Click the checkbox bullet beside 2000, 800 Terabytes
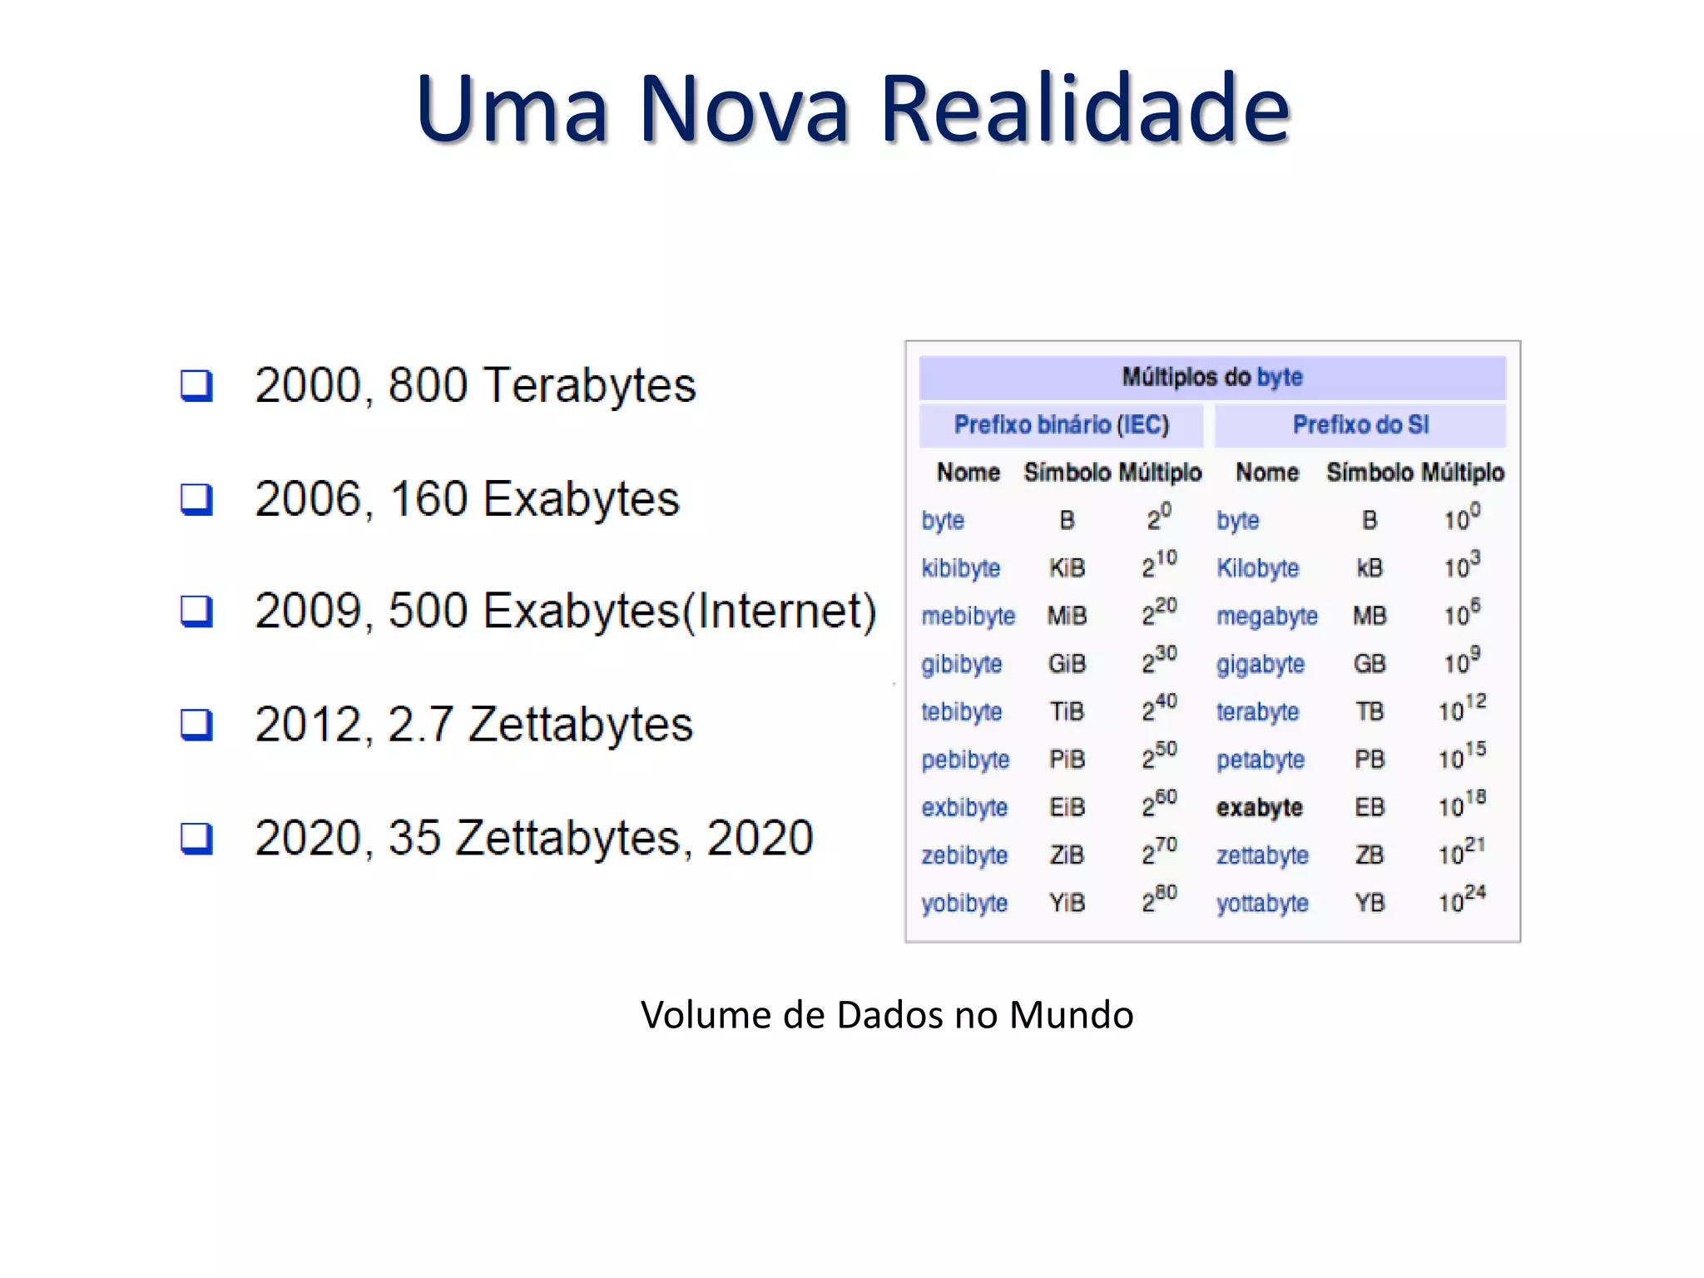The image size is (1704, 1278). [x=196, y=385]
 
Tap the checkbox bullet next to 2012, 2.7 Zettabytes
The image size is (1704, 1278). [x=196, y=725]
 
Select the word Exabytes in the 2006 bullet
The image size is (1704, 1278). [x=582, y=499]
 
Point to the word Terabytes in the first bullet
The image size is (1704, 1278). [x=589, y=385]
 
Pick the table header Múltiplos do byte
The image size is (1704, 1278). [x=1211, y=377]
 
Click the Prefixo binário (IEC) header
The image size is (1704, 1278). [x=1061, y=425]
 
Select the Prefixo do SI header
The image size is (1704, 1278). [x=1360, y=425]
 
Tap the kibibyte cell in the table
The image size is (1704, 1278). [x=960, y=568]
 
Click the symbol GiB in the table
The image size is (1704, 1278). [x=1067, y=664]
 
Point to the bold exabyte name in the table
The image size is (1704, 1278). [x=1259, y=808]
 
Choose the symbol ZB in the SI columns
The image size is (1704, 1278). [x=1370, y=855]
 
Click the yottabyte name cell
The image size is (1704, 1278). [x=1262, y=904]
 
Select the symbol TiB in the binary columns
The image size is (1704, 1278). [x=1067, y=712]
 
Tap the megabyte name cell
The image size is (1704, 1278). [x=1266, y=617]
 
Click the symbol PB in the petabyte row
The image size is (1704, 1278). [x=1370, y=760]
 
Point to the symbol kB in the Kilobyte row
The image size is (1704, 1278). [x=1370, y=568]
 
